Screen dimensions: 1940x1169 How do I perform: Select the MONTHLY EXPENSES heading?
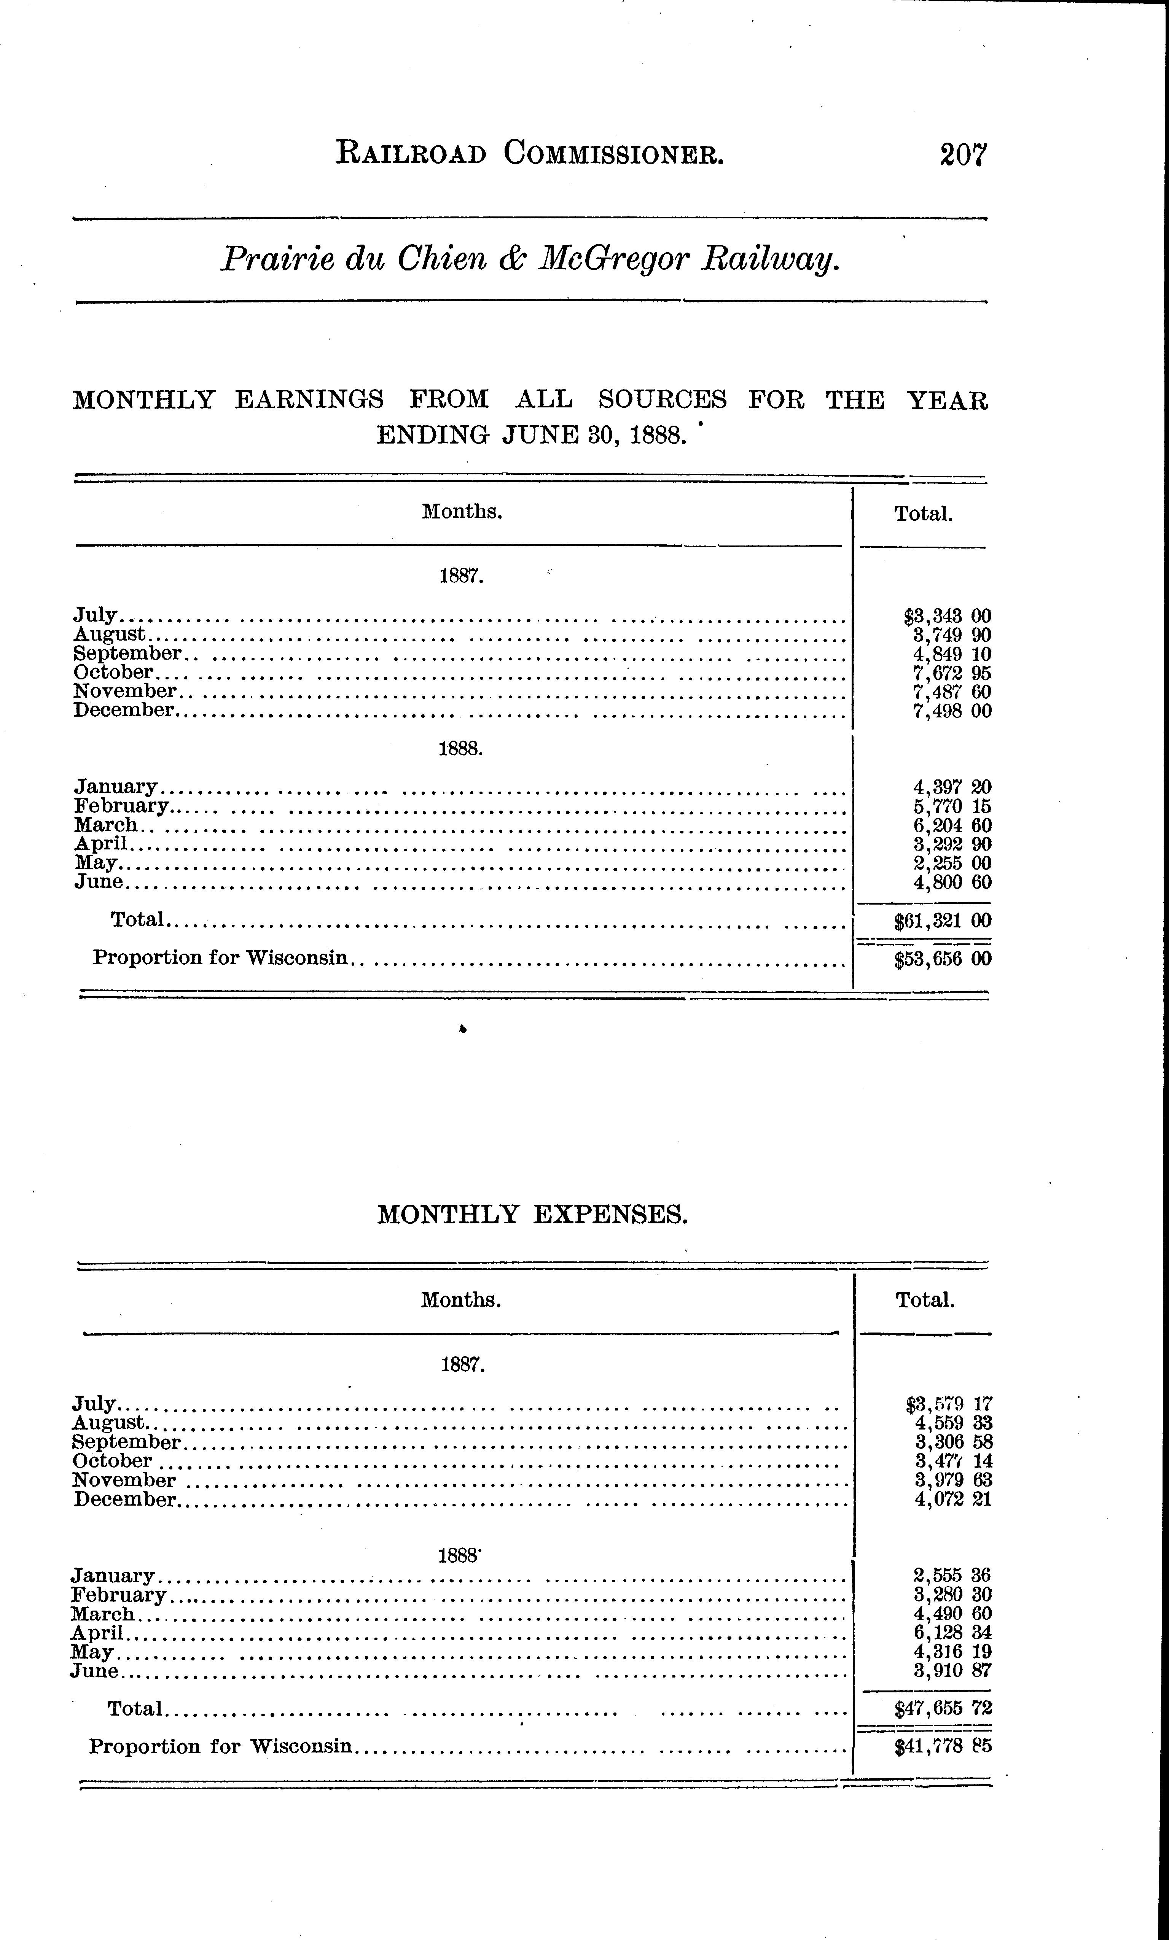[x=532, y=1215]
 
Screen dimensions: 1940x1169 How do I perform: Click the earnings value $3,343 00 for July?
[x=948, y=616]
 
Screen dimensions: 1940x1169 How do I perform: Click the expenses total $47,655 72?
[x=943, y=1708]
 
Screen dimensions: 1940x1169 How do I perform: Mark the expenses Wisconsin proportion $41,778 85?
[x=943, y=1746]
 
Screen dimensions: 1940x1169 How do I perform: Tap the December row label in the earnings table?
[x=124, y=710]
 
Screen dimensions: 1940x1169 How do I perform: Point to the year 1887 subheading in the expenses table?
[x=462, y=1364]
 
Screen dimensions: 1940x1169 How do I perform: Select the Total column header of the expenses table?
[x=925, y=1300]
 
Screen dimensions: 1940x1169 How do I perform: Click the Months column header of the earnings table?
[x=462, y=512]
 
